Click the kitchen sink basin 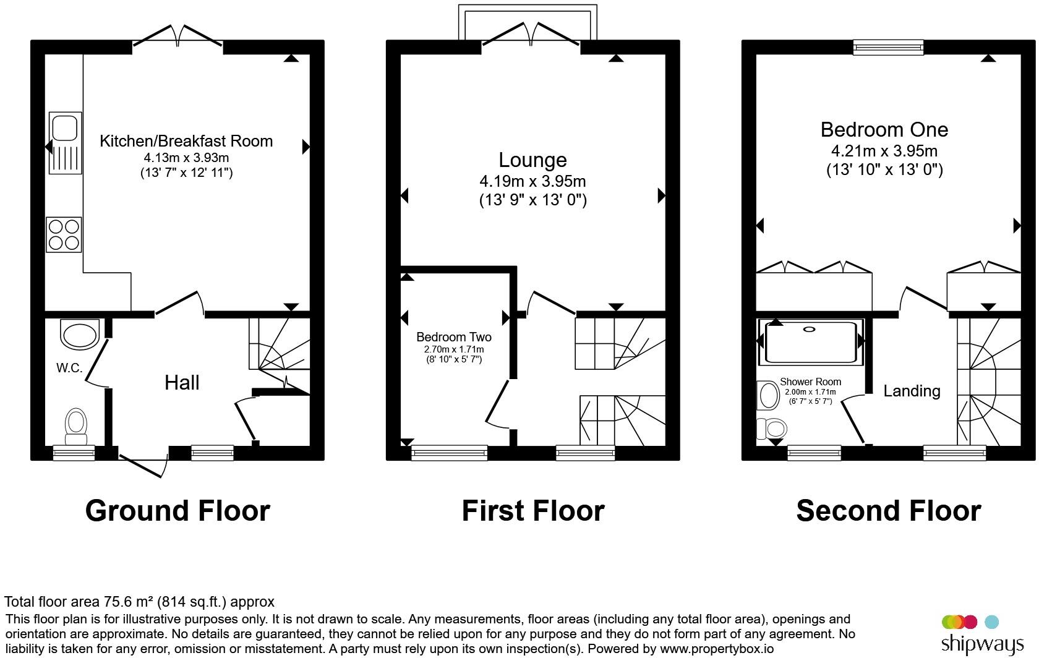pos(64,128)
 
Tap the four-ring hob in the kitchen pos(64,234)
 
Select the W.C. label pos(69,368)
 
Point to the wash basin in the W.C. pos(79,335)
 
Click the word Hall pos(182,383)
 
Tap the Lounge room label pos(532,160)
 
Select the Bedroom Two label pos(454,336)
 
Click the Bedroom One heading pos(884,129)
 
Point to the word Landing pos(912,391)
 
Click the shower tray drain pos(810,329)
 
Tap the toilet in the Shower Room pos(771,428)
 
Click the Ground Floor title pos(177,511)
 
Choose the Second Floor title pos(889,511)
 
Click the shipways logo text pos(982,644)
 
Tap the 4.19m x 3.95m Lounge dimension pos(532,181)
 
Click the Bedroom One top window pos(888,47)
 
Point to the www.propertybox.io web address pos(717,649)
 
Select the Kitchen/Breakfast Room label pos(186,141)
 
